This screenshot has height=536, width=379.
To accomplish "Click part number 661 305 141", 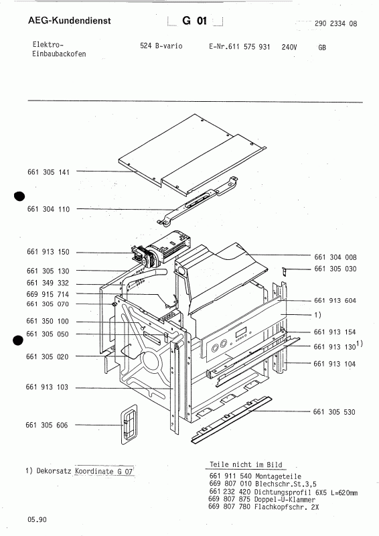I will pyautogui.click(x=48, y=172).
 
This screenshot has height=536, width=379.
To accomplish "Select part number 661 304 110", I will pyautogui.click(x=48, y=209).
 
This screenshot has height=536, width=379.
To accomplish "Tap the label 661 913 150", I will pyautogui.click(x=48, y=252).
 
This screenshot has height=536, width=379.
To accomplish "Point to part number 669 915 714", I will pyautogui.click(x=48, y=295).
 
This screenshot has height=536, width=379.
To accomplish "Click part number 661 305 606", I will pyautogui.click(x=48, y=425).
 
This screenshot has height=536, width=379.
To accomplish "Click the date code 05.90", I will pyautogui.click(x=37, y=519).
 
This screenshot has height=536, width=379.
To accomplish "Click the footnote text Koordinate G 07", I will pyautogui.click(x=105, y=472).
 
